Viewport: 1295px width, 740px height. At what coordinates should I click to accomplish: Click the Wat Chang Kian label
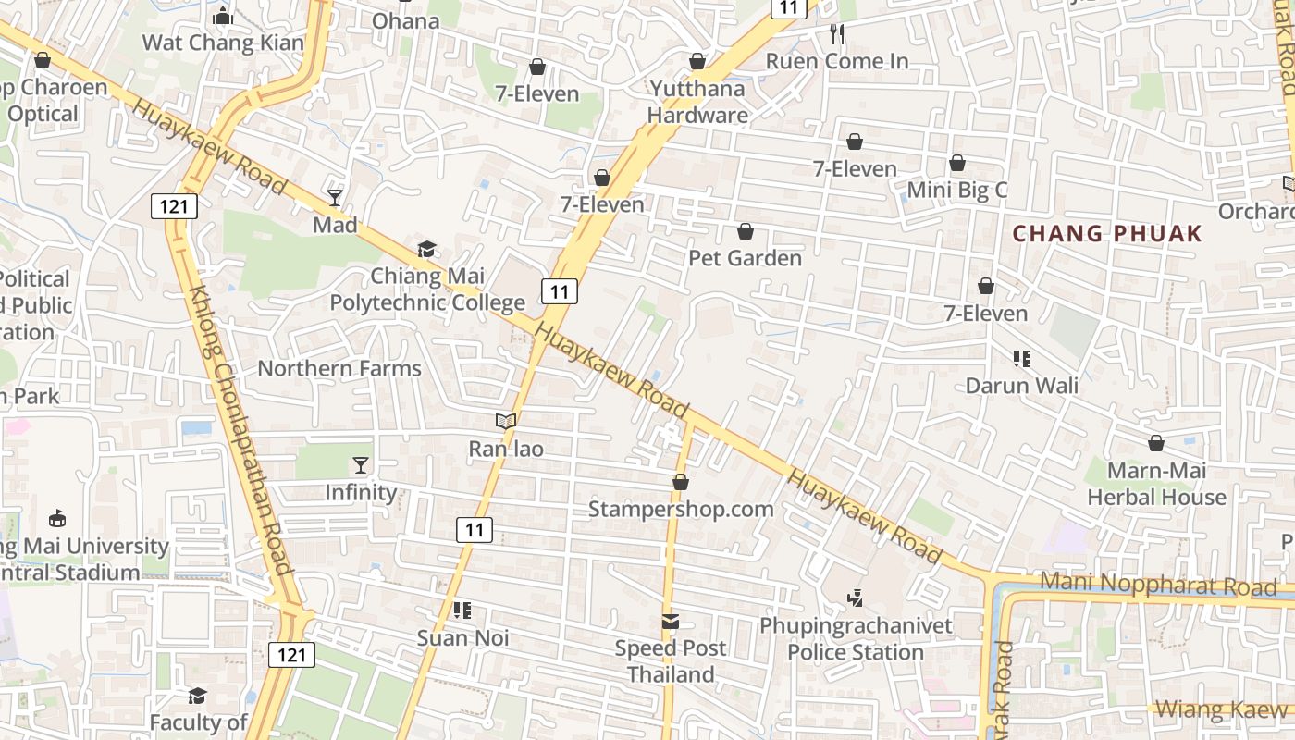coord(222,43)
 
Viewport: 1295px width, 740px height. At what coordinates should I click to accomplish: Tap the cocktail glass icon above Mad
coord(335,197)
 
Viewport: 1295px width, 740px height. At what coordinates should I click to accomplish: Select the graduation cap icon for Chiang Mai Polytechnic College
coord(426,248)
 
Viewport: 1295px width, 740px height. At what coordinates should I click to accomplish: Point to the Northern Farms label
coord(339,368)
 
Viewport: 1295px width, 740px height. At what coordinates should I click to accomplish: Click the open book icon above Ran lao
coord(505,421)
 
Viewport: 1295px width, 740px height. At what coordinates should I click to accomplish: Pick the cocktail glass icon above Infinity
coord(361,464)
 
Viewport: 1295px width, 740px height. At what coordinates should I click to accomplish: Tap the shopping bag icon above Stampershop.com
coord(681,482)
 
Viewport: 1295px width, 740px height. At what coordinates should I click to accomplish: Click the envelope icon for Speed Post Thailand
coord(671,622)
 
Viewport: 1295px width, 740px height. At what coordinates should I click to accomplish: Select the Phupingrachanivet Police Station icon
coord(855,598)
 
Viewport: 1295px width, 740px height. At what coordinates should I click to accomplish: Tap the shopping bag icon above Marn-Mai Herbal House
coord(1156,443)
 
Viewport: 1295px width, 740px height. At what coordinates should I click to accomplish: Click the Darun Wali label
coord(1022,386)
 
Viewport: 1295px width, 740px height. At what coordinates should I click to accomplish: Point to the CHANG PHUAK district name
coord(1107,233)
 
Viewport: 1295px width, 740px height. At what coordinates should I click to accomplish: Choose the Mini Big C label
coord(956,191)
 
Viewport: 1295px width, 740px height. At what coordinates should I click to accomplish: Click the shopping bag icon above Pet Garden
coord(746,231)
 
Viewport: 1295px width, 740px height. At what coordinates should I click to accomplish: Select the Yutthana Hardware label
coord(697,102)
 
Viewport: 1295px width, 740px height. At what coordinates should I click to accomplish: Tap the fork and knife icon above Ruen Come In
coord(837,34)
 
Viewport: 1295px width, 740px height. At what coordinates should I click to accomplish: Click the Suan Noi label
coord(462,638)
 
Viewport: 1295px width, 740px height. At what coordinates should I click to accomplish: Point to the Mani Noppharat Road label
coord(1158,585)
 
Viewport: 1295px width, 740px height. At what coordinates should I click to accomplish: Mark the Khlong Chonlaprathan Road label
coord(240,430)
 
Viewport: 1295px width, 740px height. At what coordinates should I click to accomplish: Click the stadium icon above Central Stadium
coord(57,518)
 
